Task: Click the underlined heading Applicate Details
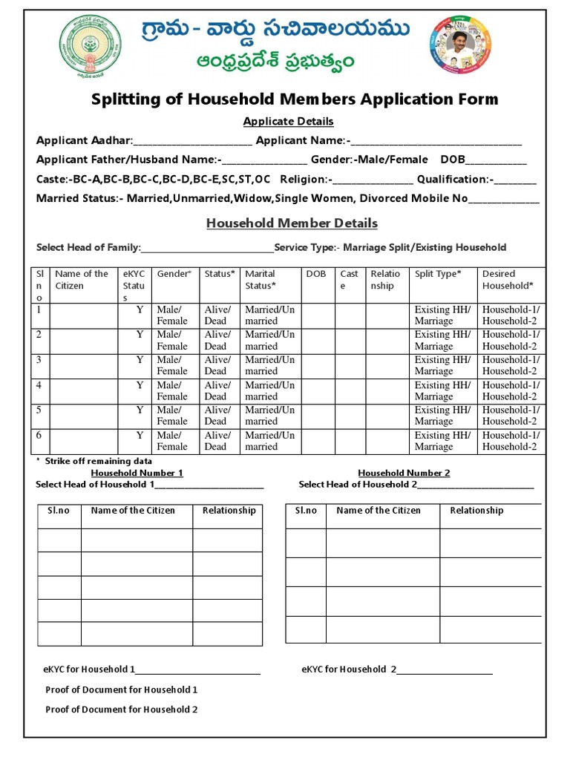(288, 121)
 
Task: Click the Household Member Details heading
(292, 223)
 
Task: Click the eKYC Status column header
(134, 285)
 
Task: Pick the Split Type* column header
(437, 274)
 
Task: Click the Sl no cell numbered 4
(39, 385)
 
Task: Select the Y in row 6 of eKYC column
(140, 435)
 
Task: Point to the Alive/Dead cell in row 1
(217, 315)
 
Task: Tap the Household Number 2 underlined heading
(404, 473)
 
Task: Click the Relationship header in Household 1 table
(229, 511)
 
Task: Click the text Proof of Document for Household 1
(122, 689)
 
